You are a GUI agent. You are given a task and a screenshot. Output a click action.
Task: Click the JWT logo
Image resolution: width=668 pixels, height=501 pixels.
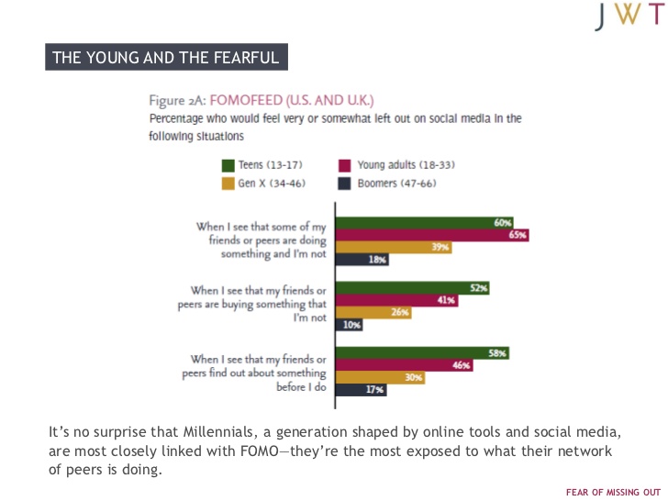(x=629, y=16)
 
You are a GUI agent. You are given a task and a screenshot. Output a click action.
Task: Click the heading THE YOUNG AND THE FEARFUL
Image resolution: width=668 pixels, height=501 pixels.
(x=167, y=58)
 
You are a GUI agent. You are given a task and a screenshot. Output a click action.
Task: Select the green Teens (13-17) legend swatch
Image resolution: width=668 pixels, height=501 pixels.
(x=228, y=165)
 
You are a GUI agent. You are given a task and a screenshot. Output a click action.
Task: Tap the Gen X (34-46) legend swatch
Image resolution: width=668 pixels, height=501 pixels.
(x=228, y=183)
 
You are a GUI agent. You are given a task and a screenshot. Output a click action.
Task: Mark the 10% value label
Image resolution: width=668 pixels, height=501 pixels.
(x=352, y=325)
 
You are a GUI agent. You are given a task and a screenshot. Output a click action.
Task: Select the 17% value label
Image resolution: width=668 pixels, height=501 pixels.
(x=375, y=390)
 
